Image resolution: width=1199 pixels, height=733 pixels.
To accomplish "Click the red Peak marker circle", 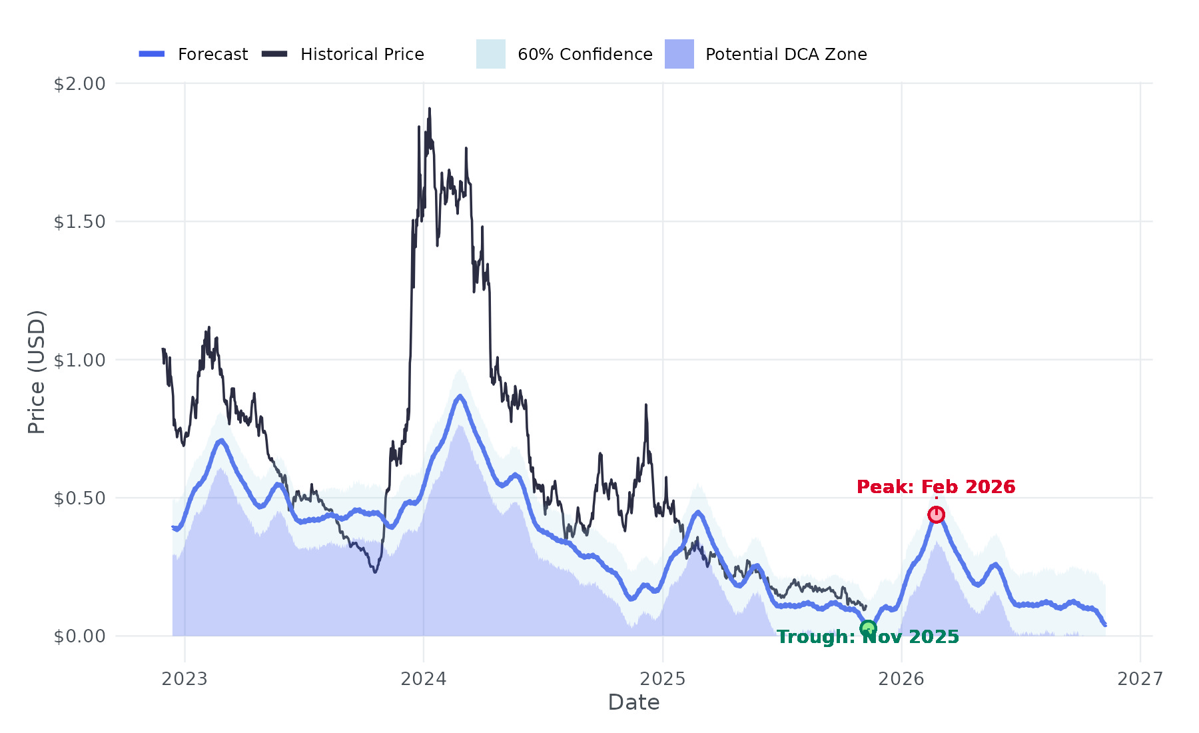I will (936, 514).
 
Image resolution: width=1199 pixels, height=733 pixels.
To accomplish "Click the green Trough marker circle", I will (868, 628).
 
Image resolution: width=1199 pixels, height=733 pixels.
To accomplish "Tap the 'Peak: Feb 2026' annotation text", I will (936, 487).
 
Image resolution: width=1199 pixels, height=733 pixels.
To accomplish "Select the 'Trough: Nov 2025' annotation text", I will (868, 638).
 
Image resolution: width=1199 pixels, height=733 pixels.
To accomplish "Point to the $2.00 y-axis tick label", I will (79, 84).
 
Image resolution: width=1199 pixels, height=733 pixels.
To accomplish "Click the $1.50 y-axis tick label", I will (79, 222).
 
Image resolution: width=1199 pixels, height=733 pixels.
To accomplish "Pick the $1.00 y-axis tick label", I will (79, 361).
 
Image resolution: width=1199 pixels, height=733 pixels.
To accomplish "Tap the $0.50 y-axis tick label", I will (79, 498).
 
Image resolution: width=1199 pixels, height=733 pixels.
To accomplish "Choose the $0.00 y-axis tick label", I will (79, 636).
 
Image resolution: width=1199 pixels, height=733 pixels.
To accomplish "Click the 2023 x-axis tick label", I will (185, 679).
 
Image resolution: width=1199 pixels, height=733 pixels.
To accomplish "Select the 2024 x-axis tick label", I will (424, 679).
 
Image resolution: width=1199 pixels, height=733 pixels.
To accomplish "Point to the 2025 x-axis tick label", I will (662, 679).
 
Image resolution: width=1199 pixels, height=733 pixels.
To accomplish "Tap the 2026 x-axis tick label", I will (901, 679).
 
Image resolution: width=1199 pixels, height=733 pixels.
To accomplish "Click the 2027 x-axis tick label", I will (1140, 679).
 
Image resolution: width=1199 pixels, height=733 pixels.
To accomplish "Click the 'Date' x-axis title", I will (633, 703).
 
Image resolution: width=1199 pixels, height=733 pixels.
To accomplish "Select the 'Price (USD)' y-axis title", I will (37, 372).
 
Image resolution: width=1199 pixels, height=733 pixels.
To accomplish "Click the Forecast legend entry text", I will (212, 55).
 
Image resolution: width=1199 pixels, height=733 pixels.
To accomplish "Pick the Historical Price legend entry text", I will (362, 55).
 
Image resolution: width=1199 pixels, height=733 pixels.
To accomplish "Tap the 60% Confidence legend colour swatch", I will (491, 54).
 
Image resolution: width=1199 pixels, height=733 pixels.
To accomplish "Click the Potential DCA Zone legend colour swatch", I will (679, 54).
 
